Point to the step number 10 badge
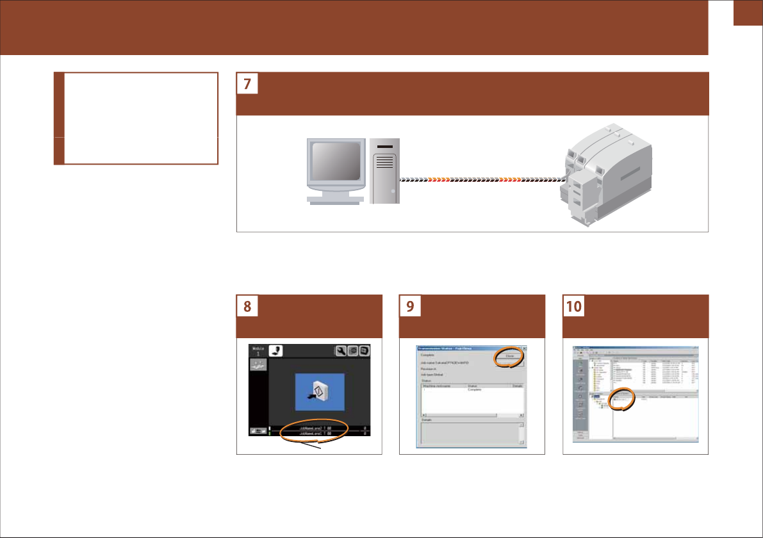(573, 307)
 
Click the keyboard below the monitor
(336, 200)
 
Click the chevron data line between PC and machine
(477, 181)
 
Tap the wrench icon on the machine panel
(341, 351)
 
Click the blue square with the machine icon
(320, 391)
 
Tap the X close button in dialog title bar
(523, 348)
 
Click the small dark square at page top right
(748, 13)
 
